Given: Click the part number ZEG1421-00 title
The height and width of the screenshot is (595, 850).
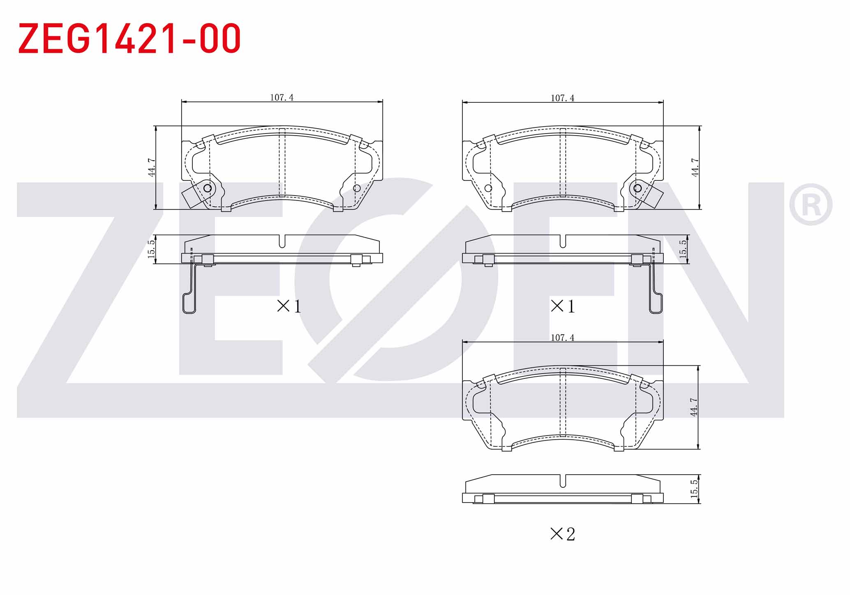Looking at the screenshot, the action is point(129,38).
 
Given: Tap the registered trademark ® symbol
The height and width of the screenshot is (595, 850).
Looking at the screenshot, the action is point(811,204).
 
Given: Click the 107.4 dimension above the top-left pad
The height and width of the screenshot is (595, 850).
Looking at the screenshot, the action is point(282,97).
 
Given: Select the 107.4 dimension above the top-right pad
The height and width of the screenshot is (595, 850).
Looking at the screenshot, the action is point(562,98).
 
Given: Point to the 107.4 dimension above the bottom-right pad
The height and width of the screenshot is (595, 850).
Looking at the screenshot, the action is point(562,337).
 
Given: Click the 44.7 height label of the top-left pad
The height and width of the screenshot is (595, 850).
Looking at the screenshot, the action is point(152,168).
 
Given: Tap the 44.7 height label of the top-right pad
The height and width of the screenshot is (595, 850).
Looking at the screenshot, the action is point(695,168).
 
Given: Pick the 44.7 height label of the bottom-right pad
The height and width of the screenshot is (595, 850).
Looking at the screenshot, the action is point(694,407).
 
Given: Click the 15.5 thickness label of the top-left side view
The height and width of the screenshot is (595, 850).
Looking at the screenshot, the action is point(151,249).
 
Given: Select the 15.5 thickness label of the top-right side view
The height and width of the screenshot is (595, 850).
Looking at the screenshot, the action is point(683,249).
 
